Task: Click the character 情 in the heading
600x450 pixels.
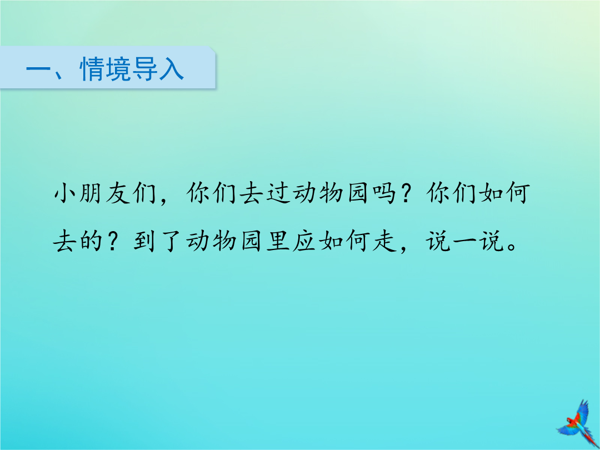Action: (92, 69)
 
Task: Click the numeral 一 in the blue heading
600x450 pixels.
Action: (38, 69)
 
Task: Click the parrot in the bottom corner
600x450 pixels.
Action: (578, 422)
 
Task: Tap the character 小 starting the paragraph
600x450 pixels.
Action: (66, 193)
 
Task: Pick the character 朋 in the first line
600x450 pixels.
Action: (92, 193)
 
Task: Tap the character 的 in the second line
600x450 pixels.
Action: (92, 241)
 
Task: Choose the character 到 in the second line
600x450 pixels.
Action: (144, 241)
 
